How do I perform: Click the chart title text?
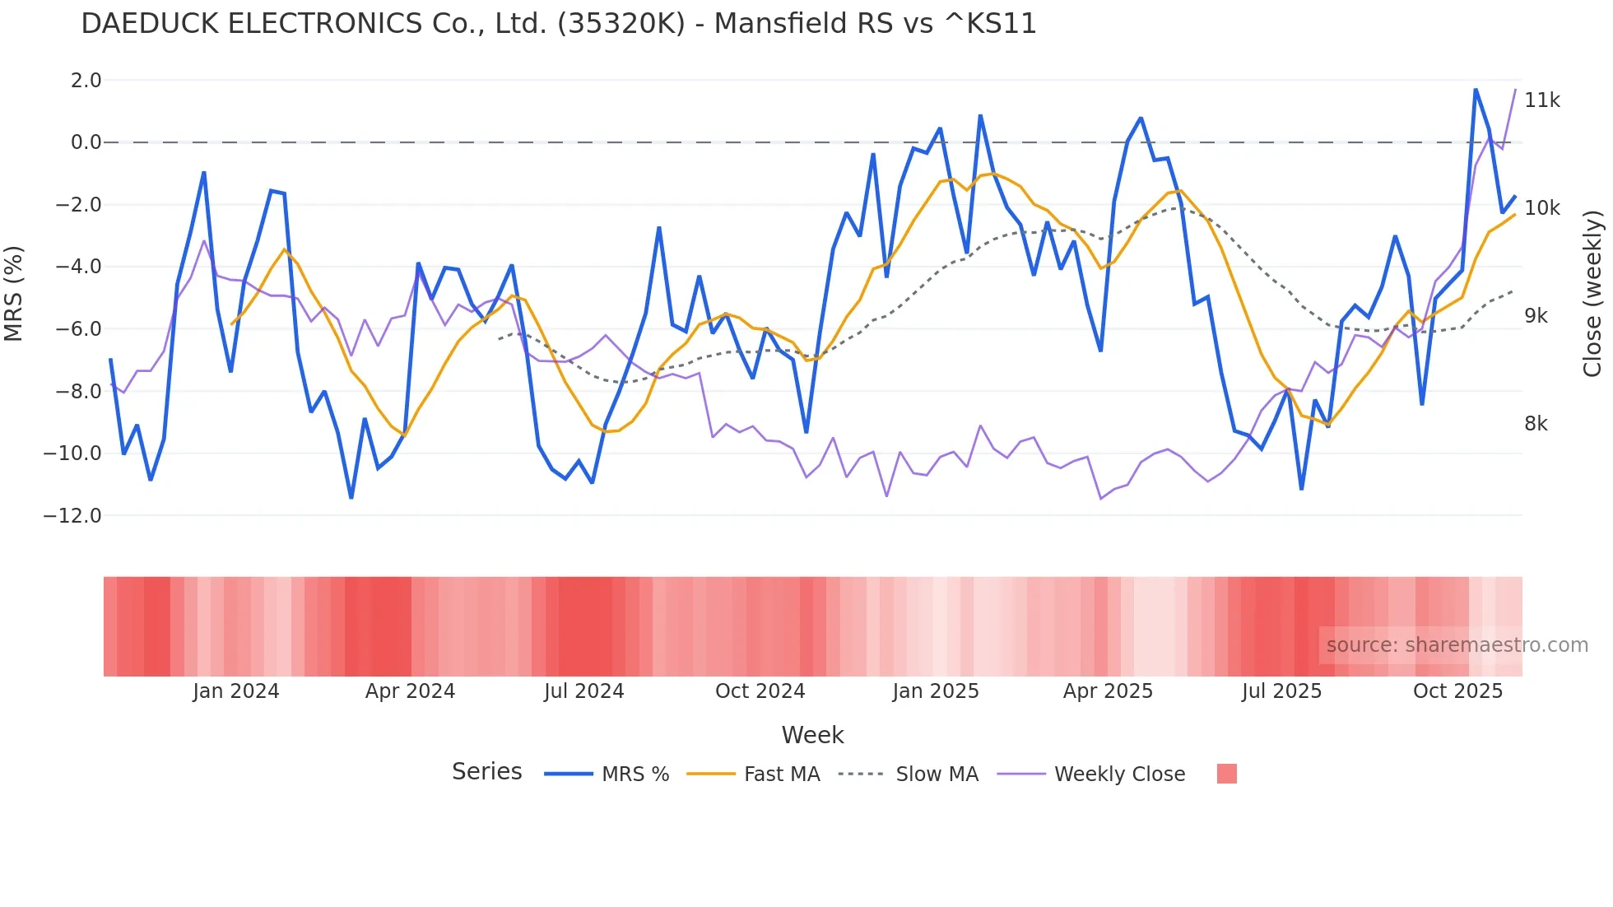pyautogui.click(x=558, y=24)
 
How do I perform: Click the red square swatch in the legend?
pyautogui.click(x=1226, y=774)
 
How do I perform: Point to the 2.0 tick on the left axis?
pyautogui.click(x=86, y=81)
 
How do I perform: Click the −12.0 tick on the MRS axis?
pyautogui.click(x=72, y=516)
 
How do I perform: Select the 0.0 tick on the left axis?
pyautogui.click(x=86, y=142)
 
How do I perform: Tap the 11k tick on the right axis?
pyautogui.click(x=1541, y=100)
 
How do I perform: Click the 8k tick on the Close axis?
pyautogui.click(x=1536, y=424)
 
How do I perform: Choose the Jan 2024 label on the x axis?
pyautogui.click(x=236, y=691)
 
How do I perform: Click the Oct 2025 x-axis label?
pyautogui.click(x=1457, y=691)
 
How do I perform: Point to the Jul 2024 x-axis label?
pyautogui.click(x=583, y=691)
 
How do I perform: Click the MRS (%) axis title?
pyautogui.click(x=14, y=294)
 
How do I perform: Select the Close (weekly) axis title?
pyautogui.click(x=1593, y=294)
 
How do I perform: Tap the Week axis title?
pyautogui.click(x=812, y=735)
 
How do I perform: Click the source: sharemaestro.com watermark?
pyautogui.click(x=1457, y=645)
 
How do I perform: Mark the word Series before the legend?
pyautogui.click(x=486, y=772)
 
